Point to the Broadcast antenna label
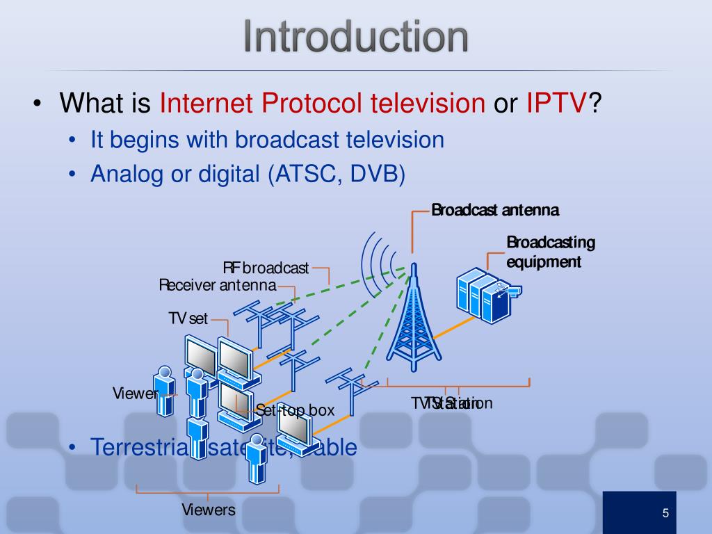pyautogui.click(x=495, y=210)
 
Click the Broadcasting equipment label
pyautogui.click(x=551, y=252)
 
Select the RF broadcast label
pyautogui.click(x=266, y=268)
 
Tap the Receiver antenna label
pyautogui.click(x=217, y=285)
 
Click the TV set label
pyautogui.click(x=188, y=319)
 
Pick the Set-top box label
pyautogui.click(x=295, y=410)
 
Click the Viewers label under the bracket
pyautogui.click(x=209, y=510)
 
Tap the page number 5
pyautogui.click(x=665, y=513)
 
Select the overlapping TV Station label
pyautogui.click(x=451, y=403)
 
